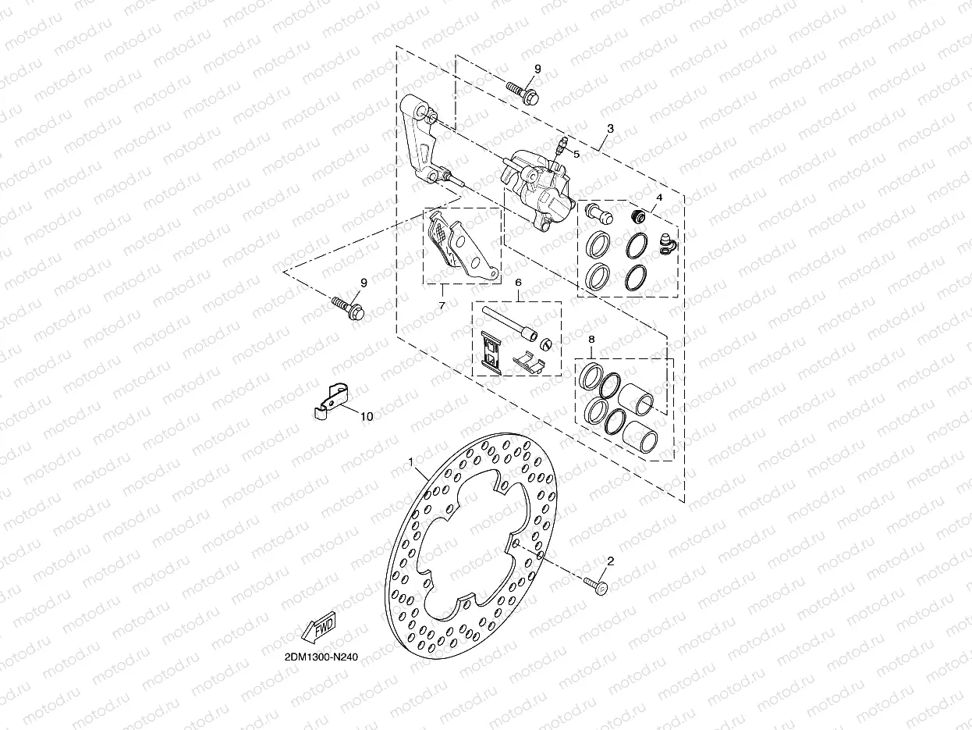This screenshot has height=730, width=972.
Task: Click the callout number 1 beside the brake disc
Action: [411, 462]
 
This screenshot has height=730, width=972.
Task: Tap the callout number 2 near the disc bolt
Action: [610, 561]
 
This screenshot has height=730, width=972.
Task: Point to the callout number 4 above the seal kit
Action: [659, 198]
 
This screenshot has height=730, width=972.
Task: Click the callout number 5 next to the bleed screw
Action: [576, 155]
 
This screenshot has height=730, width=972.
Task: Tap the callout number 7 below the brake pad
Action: [442, 305]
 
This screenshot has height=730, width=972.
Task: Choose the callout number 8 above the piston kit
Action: [591, 340]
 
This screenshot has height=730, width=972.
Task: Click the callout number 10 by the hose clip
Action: [366, 416]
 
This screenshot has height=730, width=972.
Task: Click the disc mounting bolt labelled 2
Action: [598, 584]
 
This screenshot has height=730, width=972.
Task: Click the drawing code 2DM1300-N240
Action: [316, 657]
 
